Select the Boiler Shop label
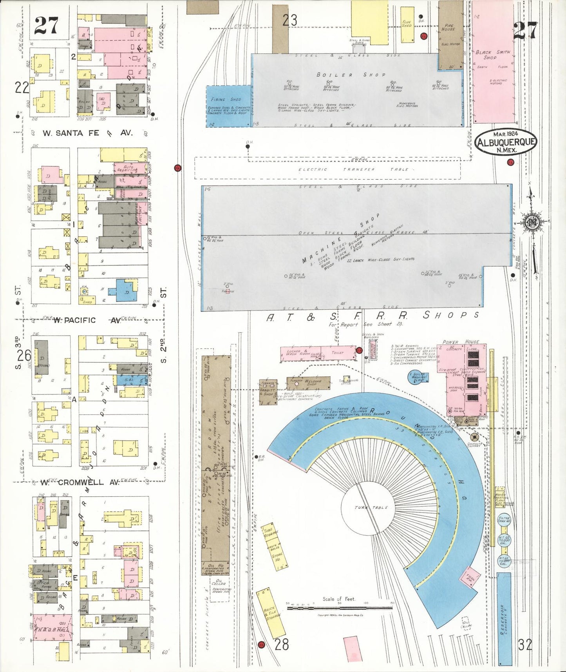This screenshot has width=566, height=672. pos(351,74)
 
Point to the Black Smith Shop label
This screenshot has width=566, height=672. pos(492,54)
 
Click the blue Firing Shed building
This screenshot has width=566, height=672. pos(228,106)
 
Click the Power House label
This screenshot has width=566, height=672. pos(460,342)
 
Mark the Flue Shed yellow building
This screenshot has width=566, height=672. pos(407,24)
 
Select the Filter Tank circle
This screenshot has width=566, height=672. pos(504,520)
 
